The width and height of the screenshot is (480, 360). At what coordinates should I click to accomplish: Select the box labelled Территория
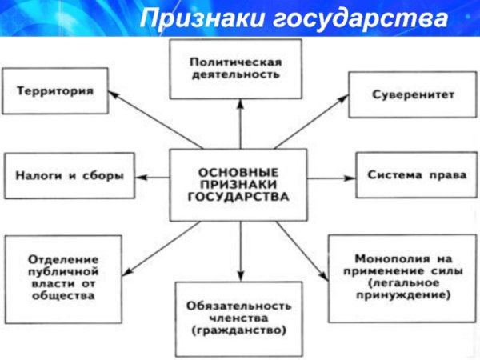(56, 91)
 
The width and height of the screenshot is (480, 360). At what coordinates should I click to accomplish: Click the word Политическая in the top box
(240, 61)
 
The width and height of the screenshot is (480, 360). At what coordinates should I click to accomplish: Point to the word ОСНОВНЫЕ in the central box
(239, 171)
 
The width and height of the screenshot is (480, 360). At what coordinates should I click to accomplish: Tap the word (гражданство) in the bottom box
(240, 330)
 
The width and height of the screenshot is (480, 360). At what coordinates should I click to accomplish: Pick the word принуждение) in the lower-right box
(415, 294)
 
